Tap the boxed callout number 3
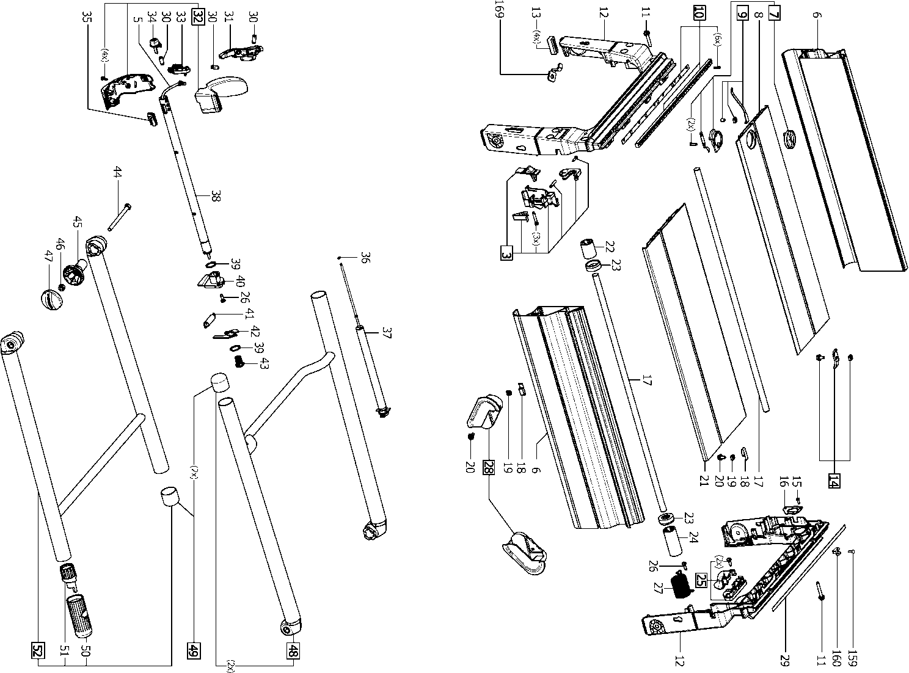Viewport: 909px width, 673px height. [x=506, y=252]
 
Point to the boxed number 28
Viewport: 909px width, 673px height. [x=487, y=467]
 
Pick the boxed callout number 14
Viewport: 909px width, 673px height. [x=833, y=480]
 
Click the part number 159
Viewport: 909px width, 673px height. [x=853, y=659]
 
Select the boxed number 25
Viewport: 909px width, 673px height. [x=701, y=580]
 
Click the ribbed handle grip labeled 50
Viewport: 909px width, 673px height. [x=79, y=615]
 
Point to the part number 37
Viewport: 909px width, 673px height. [x=386, y=333]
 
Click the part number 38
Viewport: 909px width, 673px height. [x=216, y=197]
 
